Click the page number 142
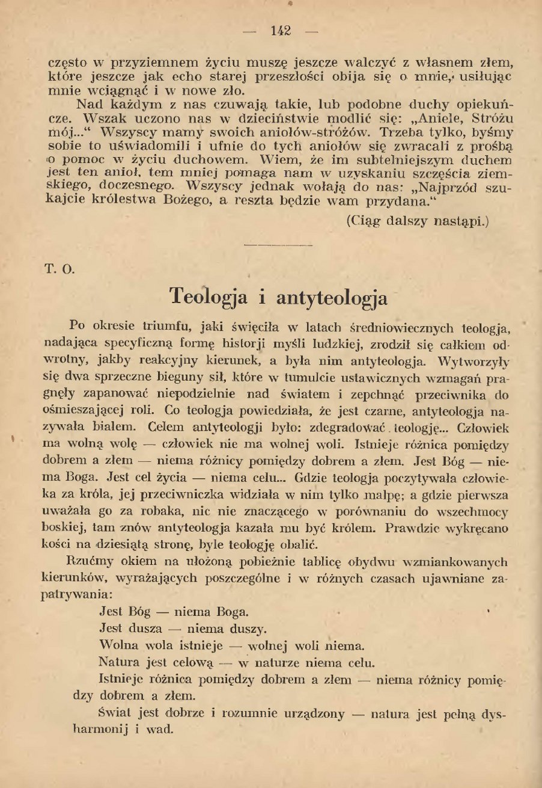click(281, 31)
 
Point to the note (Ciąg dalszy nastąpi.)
click(418, 221)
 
